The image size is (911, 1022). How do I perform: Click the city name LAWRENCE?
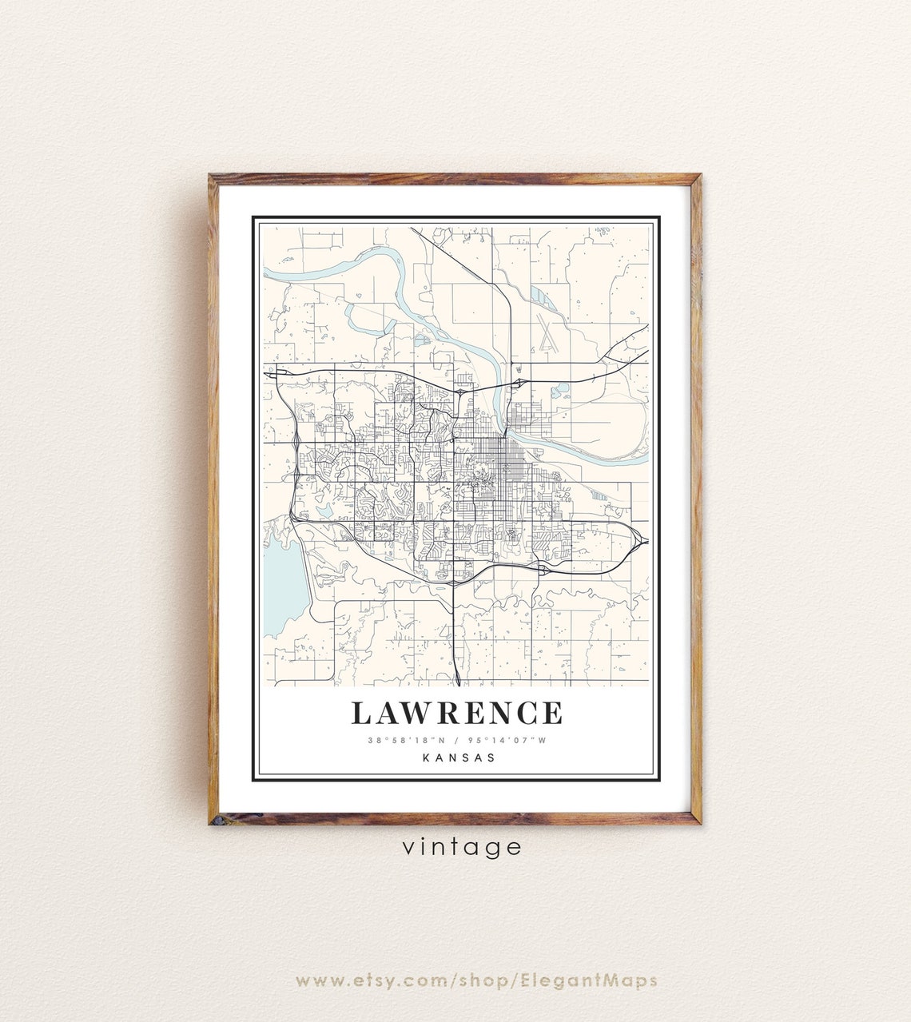coord(456,713)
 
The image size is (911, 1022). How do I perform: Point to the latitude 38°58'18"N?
coord(402,740)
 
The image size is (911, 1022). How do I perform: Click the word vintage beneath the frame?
coord(462,846)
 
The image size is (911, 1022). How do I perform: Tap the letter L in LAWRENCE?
coord(360,713)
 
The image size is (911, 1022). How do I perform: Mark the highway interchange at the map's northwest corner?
coord(280,372)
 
